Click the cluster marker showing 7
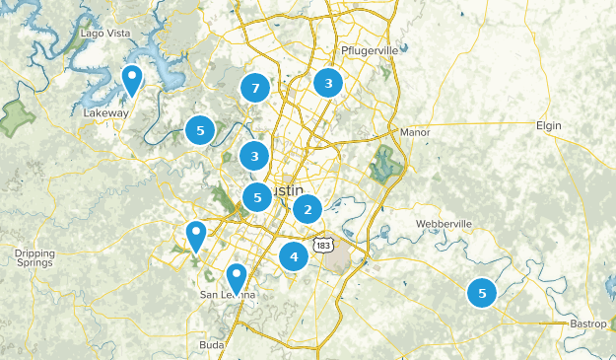pyautogui.click(x=255, y=89)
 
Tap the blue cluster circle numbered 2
pyautogui.click(x=308, y=209)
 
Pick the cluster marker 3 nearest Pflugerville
pyautogui.click(x=328, y=83)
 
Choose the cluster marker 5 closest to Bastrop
pyautogui.click(x=482, y=293)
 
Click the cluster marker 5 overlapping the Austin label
pyautogui.click(x=256, y=197)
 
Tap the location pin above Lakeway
pyautogui.click(x=131, y=79)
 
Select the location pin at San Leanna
pyautogui.click(x=237, y=277)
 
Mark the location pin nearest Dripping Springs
pyautogui.click(x=196, y=236)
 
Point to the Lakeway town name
pyautogui.click(x=105, y=113)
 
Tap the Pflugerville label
pyautogui.click(x=367, y=50)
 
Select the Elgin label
pyautogui.click(x=548, y=125)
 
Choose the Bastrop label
pyautogui.click(x=588, y=324)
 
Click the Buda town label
pyautogui.click(x=211, y=344)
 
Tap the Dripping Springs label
pyautogui.click(x=34, y=258)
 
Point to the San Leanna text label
pyautogui.click(x=228, y=295)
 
